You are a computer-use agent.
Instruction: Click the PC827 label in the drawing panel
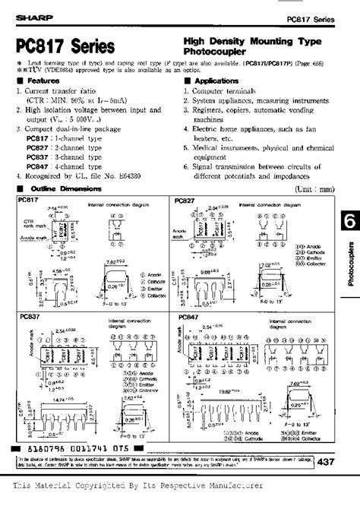coord(186,200)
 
